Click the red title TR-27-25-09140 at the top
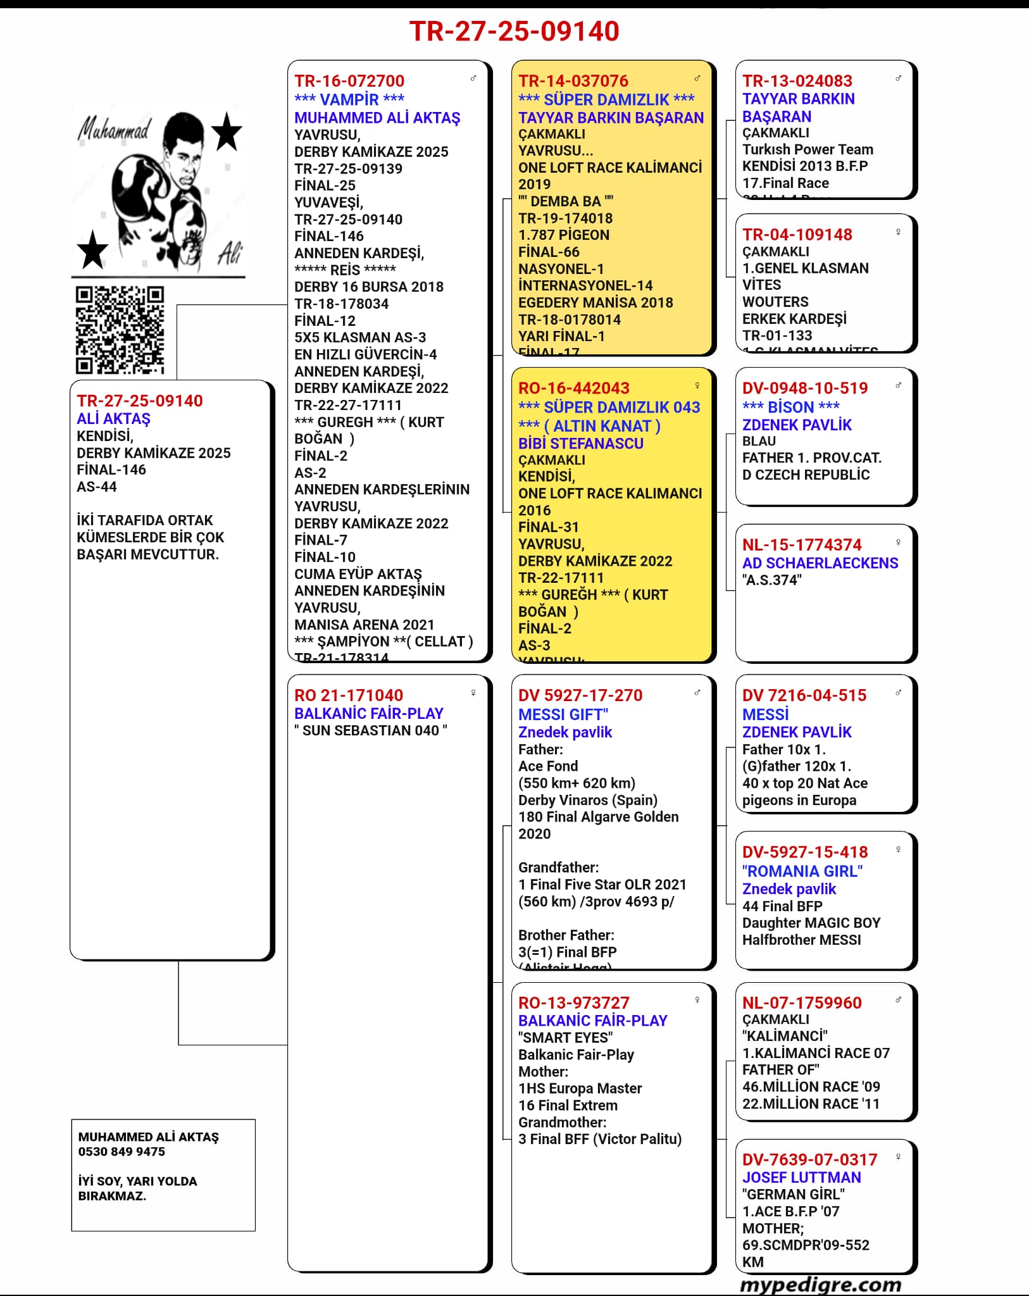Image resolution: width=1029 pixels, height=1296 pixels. [514, 31]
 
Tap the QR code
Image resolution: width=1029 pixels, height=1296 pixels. [120, 329]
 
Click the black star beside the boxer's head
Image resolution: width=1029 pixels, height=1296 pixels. [226, 132]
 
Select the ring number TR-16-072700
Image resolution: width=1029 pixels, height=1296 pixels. [349, 81]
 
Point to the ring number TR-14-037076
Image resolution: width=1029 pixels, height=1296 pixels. [573, 81]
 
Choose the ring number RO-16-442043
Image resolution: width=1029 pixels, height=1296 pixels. [574, 388]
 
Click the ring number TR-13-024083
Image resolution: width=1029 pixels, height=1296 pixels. [797, 81]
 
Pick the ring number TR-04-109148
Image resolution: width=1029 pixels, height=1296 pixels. [797, 235]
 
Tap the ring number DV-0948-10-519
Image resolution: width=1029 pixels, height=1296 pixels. [805, 388]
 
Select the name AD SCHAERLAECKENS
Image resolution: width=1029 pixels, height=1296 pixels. [820, 563]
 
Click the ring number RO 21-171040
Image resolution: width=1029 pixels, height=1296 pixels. [349, 695]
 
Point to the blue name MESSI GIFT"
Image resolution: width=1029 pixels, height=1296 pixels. [563, 714]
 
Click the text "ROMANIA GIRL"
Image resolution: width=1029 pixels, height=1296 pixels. [802, 871]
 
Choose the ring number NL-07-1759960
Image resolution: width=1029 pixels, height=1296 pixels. [802, 1003]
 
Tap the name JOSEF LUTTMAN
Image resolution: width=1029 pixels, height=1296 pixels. [802, 1177]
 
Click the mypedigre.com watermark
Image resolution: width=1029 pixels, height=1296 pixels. [820, 1285]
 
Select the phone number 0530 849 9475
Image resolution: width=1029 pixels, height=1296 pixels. [122, 1152]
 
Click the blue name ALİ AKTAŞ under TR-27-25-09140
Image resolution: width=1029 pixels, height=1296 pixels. [114, 419]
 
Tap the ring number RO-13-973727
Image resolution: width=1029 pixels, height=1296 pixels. [574, 1003]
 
